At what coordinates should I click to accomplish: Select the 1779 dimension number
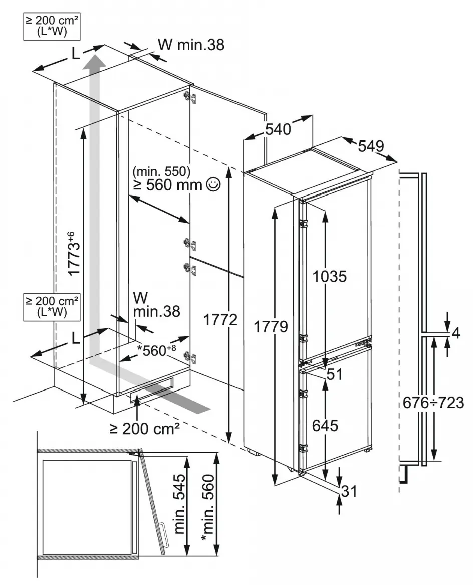tap(271, 327)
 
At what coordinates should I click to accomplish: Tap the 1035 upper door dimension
tap(329, 276)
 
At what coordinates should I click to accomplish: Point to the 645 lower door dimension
tap(325, 425)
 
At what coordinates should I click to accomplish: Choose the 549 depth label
tap(371, 146)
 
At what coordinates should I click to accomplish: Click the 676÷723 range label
tap(434, 402)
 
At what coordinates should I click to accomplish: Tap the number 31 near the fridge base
tap(349, 492)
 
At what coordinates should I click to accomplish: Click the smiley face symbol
tap(213, 184)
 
